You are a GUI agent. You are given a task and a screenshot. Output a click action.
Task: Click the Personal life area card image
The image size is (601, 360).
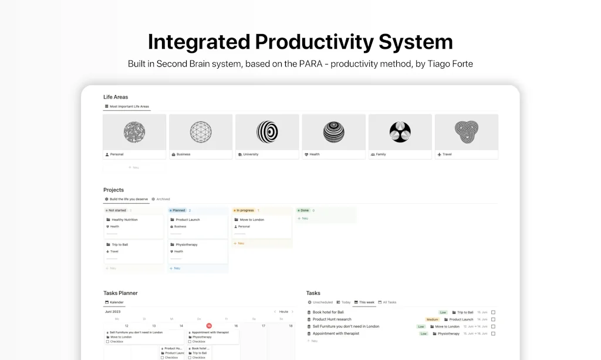pos(134,132)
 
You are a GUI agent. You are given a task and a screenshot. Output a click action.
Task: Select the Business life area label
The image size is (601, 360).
pos(184,154)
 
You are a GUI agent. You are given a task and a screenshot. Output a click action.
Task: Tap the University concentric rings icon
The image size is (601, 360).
pos(267,132)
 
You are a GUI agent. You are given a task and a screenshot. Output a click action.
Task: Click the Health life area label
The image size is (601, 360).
pos(315,154)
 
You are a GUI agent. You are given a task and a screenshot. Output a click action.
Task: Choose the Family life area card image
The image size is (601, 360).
pos(400,132)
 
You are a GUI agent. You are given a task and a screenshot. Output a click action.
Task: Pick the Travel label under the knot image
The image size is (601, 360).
pos(447,154)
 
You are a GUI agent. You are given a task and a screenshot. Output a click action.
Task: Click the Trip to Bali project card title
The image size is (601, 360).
pos(120,244)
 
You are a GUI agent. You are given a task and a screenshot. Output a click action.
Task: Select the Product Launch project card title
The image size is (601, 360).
pos(188,220)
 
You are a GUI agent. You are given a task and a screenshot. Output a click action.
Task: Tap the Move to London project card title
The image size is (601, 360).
pos(252,220)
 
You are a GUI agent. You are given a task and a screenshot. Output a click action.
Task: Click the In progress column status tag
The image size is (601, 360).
pos(245,210)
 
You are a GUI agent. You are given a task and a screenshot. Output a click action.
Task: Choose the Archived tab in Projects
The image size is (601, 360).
pos(163,199)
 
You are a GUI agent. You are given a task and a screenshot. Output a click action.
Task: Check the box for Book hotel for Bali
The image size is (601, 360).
pos(494,312)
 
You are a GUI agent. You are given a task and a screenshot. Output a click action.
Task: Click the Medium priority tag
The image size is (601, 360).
pos(433,319)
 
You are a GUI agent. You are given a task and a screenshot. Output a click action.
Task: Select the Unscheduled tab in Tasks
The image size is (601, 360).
pos(322,302)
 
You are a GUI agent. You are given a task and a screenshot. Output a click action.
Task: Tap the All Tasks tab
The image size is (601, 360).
pos(389,302)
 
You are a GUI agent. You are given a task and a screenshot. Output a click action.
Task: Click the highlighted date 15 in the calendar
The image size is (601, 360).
pos(209,326)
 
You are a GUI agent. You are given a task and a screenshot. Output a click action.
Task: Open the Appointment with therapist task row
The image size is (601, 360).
pos(336,334)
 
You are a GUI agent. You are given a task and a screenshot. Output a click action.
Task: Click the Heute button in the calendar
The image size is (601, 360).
pos(283,312)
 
